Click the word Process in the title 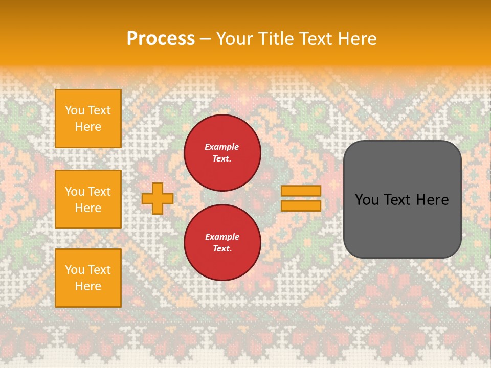(x=161, y=38)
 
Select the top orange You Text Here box (x=88, y=119)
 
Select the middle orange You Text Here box (x=88, y=199)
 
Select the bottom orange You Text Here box (x=88, y=278)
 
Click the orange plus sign (x=158, y=198)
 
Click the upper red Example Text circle (x=222, y=153)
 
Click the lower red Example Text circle (x=222, y=243)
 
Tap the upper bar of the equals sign (x=301, y=191)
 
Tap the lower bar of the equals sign (x=301, y=205)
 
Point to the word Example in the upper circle (x=222, y=147)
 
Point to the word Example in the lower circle (x=222, y=237)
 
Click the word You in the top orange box (x=75, y=110)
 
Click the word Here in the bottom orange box (x=88, y=286)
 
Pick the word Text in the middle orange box (x=99, y=192)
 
